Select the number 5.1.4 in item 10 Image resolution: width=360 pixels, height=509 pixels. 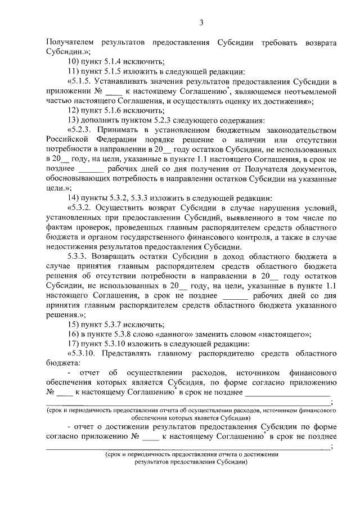click(x=114, y=61)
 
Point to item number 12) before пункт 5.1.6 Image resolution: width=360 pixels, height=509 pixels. click(x=74, y=111)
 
